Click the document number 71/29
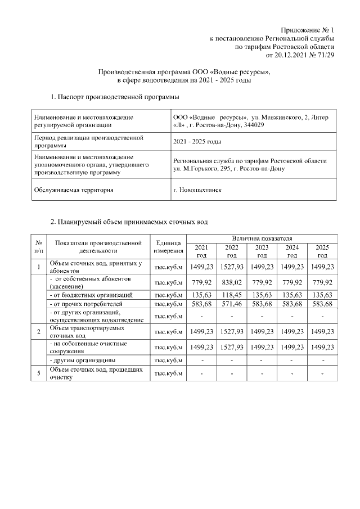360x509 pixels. [x=326, y=56]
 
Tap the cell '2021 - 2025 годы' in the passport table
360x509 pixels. [x=197, y=141]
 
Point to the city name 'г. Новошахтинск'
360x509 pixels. [x=197, y=190]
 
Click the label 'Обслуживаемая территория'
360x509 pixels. [x=74, y=190]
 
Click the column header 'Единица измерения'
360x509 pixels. [x=168, y=247]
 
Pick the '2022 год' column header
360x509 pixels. [x=231, y=251]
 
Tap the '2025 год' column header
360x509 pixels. [x=322, y=251]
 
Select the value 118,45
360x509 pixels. [x=231, y=294]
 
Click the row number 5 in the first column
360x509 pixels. [x=38, y=374]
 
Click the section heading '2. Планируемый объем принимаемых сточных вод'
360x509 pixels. [x=129, y=222]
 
